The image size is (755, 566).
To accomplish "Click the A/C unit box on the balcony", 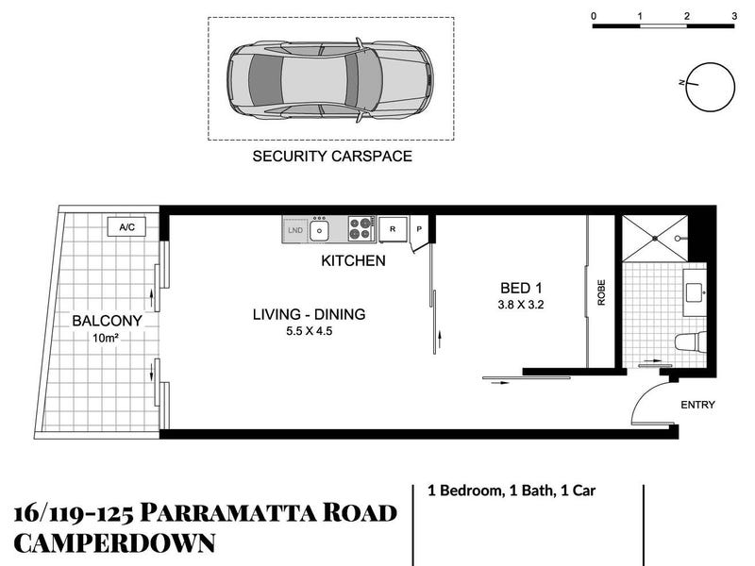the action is (x=126, y=227).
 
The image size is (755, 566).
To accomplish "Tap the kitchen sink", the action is (x=319, y=230).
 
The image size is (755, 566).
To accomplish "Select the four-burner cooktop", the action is (x=361, y=228).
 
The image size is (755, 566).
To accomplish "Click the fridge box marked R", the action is (x=393, y=229).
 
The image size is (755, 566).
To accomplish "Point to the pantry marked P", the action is (x=419, y=229).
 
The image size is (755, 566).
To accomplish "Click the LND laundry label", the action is (x=295, y=230).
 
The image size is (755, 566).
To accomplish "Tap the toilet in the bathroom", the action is (x=691, y=341).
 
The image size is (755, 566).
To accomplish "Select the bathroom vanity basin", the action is (x=695, y=292).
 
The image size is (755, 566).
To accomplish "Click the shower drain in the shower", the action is (x=655, y=239).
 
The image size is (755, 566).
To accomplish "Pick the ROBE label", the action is (x=601, y=292).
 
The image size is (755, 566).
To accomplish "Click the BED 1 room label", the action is (x=521, y=289).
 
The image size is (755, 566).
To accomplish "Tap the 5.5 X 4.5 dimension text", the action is (x=310, y=331).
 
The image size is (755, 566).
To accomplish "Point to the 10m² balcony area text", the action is (x=106, y=338).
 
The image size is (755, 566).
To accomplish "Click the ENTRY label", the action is (x=697, y=405).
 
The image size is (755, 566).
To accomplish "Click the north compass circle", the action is (x=711, y=87).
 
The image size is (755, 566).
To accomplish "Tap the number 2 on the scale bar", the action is (x=687, y=16).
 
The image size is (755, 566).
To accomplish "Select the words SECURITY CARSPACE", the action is (x=332, y=157).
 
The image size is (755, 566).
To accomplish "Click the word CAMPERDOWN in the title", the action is (x=114, y=543).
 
